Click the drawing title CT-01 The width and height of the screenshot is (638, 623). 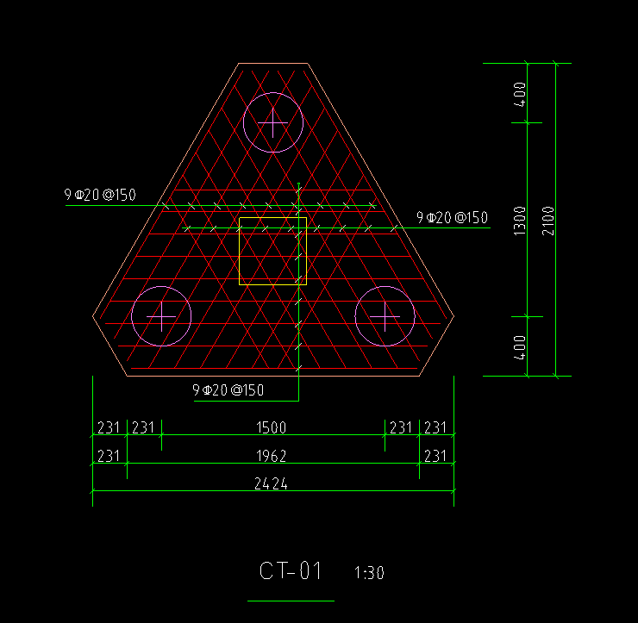click(x=291, y=570)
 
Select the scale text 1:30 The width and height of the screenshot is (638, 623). click(x=369, y=573)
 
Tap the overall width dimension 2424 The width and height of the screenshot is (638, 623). click(x=271, y=483)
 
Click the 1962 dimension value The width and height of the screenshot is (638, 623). click(x=271, y=456)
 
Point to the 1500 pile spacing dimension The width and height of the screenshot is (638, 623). click(x=271, y=427)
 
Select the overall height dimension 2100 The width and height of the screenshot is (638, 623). click(x=548, y=221)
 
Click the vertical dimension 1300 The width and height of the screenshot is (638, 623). click(x=520, y=221)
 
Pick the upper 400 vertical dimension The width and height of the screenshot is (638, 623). click(x=520, y=95)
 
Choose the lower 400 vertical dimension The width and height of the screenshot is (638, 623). click(x=520, y=348)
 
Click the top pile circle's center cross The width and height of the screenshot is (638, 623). click(x=273, y=122)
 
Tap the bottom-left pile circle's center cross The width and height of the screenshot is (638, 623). click(x=161, y=316)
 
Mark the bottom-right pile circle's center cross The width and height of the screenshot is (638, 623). click(x=385, y=316)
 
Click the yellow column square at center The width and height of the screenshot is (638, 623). click(x=240, y=252)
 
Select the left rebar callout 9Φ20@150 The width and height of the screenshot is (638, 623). click(x=100, y=195)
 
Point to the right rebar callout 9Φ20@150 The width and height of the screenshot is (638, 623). click(x=452, y=217)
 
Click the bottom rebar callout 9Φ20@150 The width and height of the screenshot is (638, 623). click(x=228, y=390)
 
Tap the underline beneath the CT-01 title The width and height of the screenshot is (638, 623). click(x=291, y=601)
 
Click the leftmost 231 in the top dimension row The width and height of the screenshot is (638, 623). click(x=109, y=427)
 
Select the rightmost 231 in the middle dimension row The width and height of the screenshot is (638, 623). click(x=435, y=456)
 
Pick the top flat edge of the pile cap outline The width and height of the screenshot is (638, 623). click(x=272, y=63)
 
